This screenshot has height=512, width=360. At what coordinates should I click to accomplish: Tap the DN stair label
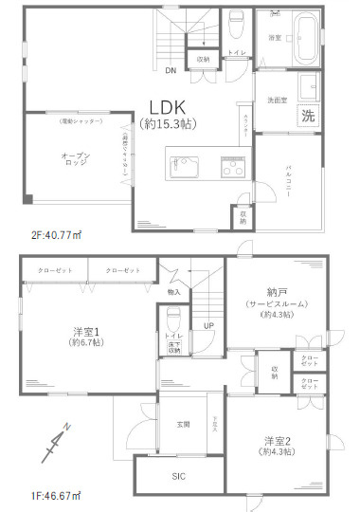pos(171,70)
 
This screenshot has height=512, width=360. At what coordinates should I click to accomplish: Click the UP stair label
pos(207,328)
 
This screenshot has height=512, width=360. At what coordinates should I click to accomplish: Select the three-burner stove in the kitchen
pos(232,170)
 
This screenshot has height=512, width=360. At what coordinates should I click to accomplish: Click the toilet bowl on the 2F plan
pos(236,22)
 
